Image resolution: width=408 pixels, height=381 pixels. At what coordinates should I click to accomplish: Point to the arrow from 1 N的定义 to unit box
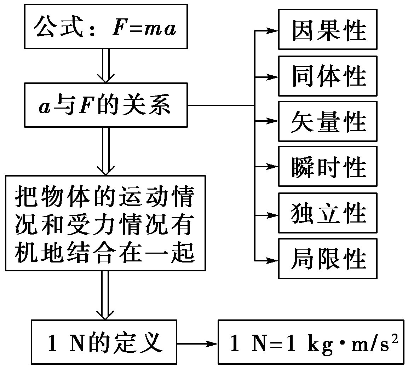(197, 344)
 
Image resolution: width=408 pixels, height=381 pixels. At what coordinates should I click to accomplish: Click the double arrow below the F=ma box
(106, 65)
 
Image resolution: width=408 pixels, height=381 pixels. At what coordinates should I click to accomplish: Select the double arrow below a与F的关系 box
(106, 151)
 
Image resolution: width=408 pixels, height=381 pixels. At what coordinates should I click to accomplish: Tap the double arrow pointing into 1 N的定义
(105, 295)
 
